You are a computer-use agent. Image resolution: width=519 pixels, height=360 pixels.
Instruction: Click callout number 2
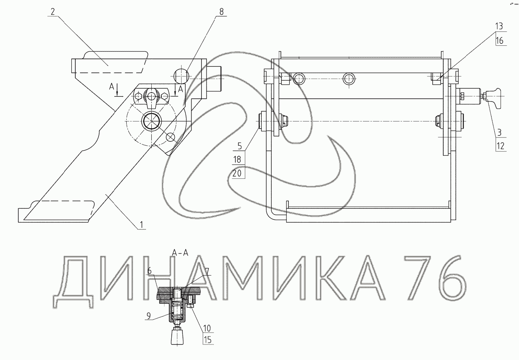point(53,12)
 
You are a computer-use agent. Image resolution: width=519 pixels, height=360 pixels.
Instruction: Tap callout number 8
point(221,12)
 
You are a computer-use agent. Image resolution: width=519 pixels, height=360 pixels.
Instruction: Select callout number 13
point(499,26)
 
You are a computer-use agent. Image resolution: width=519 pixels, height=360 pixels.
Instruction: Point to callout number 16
point(499,41)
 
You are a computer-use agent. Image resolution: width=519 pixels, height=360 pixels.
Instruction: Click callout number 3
point(499,133)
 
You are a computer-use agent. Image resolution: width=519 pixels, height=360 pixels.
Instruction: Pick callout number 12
point(500,146)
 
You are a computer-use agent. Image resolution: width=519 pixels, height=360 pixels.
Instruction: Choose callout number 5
point(240,146)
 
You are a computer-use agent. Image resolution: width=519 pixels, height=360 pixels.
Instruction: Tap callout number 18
point(237,160)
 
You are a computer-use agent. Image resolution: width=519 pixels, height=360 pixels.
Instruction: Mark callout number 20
point(237,173)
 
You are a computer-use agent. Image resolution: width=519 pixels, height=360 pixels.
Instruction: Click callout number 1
point(141,225)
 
